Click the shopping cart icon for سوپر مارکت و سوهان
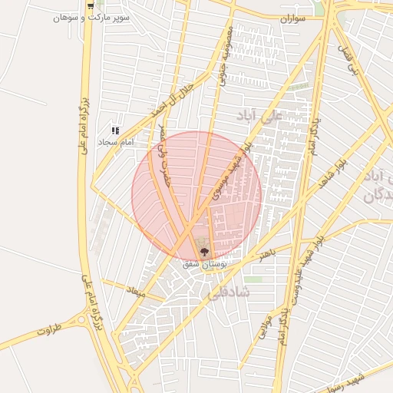tap(91, 5)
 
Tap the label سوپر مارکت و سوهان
tap(91, 16)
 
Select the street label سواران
tap(292, 17)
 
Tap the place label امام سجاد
tap(116, 142)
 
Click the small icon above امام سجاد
tap(116, 130)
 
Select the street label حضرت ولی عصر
tap(163, 157)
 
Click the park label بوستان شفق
tap(204, 263)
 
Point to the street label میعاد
tap(135, 292)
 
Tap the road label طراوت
tap(48, 332)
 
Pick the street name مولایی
tap(265, 325)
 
